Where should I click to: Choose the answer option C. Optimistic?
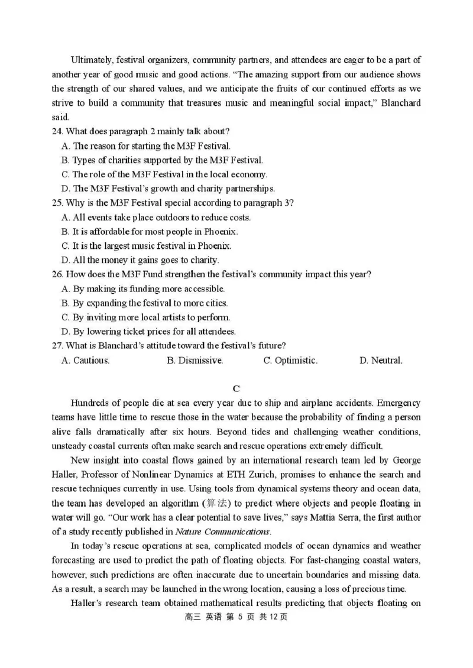[290, 361]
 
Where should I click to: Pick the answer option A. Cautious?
[85, 361]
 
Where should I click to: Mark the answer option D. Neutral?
[381, 361]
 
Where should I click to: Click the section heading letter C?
[236, 388]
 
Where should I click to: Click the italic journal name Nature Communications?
[223, 532]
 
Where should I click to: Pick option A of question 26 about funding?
[143, 289]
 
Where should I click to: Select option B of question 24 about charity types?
[162, 160]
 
